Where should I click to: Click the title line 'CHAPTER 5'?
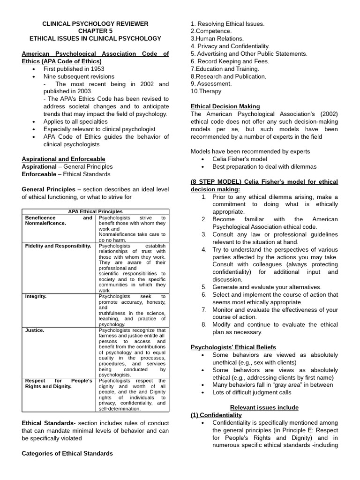[95, 31]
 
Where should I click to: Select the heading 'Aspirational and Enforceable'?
[63, 159]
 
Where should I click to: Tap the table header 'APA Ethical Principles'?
[95, 212]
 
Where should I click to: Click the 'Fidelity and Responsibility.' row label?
[58, 246]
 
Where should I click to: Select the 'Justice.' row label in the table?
[35, 330]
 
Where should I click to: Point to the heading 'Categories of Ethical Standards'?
[67, 453]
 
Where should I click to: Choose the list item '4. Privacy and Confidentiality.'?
[230, 46]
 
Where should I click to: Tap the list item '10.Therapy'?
[206, 91]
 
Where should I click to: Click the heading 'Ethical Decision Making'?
[225, 106]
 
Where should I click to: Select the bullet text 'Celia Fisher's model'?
[240, 159]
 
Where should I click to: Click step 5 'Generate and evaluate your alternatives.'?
[267, 287]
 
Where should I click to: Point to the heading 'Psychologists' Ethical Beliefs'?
[233, 347]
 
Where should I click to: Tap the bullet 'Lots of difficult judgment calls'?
[252, 392]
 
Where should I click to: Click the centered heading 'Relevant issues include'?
[264, 407]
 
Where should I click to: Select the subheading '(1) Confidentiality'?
[216, 415]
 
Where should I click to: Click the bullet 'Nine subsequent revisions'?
[79, 76]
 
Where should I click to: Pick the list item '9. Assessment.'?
[211, 84]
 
